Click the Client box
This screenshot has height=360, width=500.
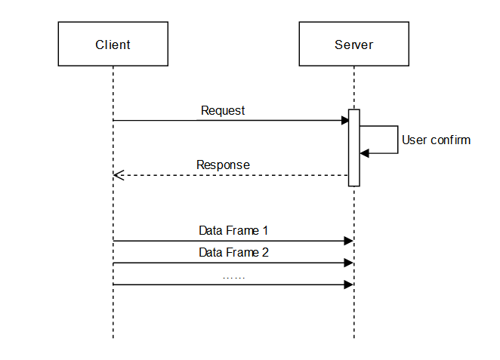click(x=113, y=45)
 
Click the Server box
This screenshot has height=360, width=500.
click(x=353, y=45)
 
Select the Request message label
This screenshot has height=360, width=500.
click(x=223, y=110)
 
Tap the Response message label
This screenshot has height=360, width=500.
click(x=223, y=165)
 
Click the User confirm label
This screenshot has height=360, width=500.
click(x=436, y=140)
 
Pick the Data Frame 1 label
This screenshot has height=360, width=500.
click(x=233, y=230)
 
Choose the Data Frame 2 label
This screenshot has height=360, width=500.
click(x=233, y=252)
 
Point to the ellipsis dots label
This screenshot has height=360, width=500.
click(x=233, y=276)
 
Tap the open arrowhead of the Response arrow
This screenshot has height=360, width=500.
click(x=117, y=175)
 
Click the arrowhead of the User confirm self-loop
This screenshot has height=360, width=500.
click(x=364, y=153)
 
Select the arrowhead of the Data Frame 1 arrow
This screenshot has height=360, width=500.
click(x=349, y=241)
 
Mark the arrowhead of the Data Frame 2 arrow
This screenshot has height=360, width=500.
click(x=349, y=263)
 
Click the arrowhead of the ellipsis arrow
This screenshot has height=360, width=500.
click(x=349, y=285)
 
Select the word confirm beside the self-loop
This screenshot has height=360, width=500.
click(x=451, y=140)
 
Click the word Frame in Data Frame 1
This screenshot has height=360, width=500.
click(x=242, y=230)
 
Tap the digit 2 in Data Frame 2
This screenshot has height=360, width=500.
click(x=265, y=252)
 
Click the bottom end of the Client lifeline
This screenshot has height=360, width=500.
click(x=113, y=337)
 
